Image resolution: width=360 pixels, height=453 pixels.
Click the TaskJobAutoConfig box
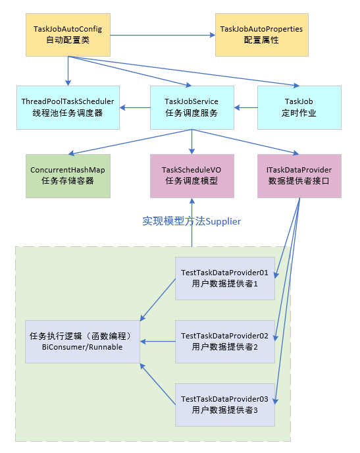(x=68, y=34)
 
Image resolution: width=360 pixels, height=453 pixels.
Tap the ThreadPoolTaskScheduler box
(x=68, y=107)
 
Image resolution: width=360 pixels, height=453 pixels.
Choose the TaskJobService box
(x=192, y=107)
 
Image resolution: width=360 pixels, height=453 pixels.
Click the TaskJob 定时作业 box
(x=299, y=107)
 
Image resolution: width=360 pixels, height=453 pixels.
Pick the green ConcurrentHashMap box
(x=68, y=176)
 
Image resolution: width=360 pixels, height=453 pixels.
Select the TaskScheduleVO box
(x=192, y=176)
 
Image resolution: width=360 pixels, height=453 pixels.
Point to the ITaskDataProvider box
(x=299, y=176)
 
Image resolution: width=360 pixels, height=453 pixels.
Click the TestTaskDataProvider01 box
(x=224, y=278)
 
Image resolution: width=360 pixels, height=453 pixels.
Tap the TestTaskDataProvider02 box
(x=224, y=341)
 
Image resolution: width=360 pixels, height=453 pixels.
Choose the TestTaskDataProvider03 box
(x=224, y=404)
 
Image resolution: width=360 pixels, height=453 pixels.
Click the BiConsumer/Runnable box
(x=82, y=341)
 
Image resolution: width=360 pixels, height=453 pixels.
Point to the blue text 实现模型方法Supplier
(x=192, y=221)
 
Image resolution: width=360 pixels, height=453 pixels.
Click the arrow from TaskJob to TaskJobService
(x=246, y=107)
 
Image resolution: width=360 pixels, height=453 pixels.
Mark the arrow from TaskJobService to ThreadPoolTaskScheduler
(x=135, y=107)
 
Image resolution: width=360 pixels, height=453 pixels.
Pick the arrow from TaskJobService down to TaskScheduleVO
(x=192, y=141)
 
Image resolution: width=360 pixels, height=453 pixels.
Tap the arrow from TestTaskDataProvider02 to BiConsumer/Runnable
(x=157, y=341)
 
